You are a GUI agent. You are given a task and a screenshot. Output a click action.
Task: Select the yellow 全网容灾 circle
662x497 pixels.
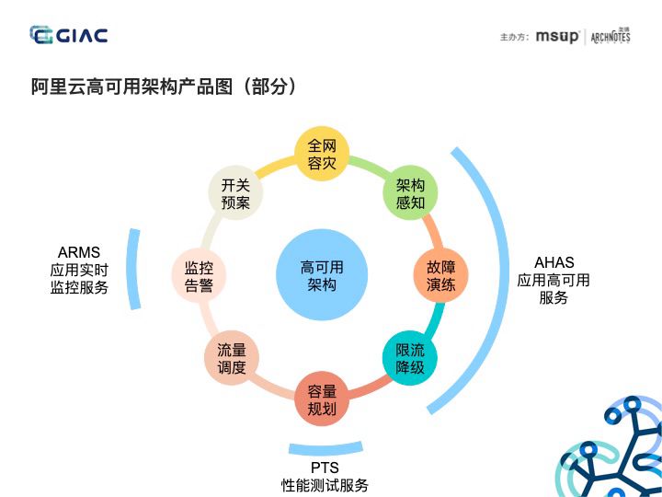(322, 155)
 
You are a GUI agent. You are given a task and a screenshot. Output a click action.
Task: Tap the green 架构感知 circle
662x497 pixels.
(410, 193)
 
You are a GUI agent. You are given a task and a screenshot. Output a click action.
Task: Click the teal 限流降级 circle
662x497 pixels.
(410, 359)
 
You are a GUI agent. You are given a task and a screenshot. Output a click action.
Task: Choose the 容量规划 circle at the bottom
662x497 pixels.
(322, 399)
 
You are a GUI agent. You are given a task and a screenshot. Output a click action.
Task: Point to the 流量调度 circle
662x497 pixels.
(232, 359)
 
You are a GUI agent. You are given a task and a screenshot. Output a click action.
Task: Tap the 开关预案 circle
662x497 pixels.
(235, 193)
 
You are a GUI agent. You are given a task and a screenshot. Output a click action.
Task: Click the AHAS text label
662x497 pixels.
(554, 262)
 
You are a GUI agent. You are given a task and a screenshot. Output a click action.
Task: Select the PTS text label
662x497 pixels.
(325, 468)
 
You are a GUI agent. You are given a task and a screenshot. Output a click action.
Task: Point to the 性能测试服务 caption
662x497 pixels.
(325, 485)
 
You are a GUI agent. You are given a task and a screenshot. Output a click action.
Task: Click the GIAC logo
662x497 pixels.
(69, 35)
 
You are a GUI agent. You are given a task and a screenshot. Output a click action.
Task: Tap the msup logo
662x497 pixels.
(557, 37)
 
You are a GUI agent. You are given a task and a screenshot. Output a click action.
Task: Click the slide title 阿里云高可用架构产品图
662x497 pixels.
(164, 87)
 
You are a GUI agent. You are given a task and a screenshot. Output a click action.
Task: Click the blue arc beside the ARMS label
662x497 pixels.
(134, 269)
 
